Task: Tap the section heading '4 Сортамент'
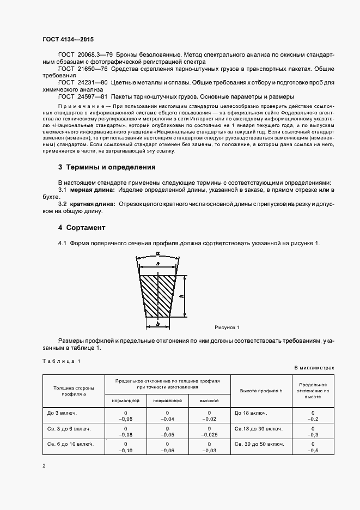tap(82, 227)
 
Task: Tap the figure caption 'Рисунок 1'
tap(227, 327)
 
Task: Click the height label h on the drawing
tap(181, 296)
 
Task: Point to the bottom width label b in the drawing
tap(157, 323)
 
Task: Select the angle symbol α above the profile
tap(157, 253)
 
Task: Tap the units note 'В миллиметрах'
tap(314, 368)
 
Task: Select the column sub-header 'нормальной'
tap(126, 400)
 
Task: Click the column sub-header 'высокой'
tap(209, 400)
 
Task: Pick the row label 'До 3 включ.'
tap(62, 413)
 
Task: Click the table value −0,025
tap(209, 435)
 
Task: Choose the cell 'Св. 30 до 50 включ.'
tap(259, 444)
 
